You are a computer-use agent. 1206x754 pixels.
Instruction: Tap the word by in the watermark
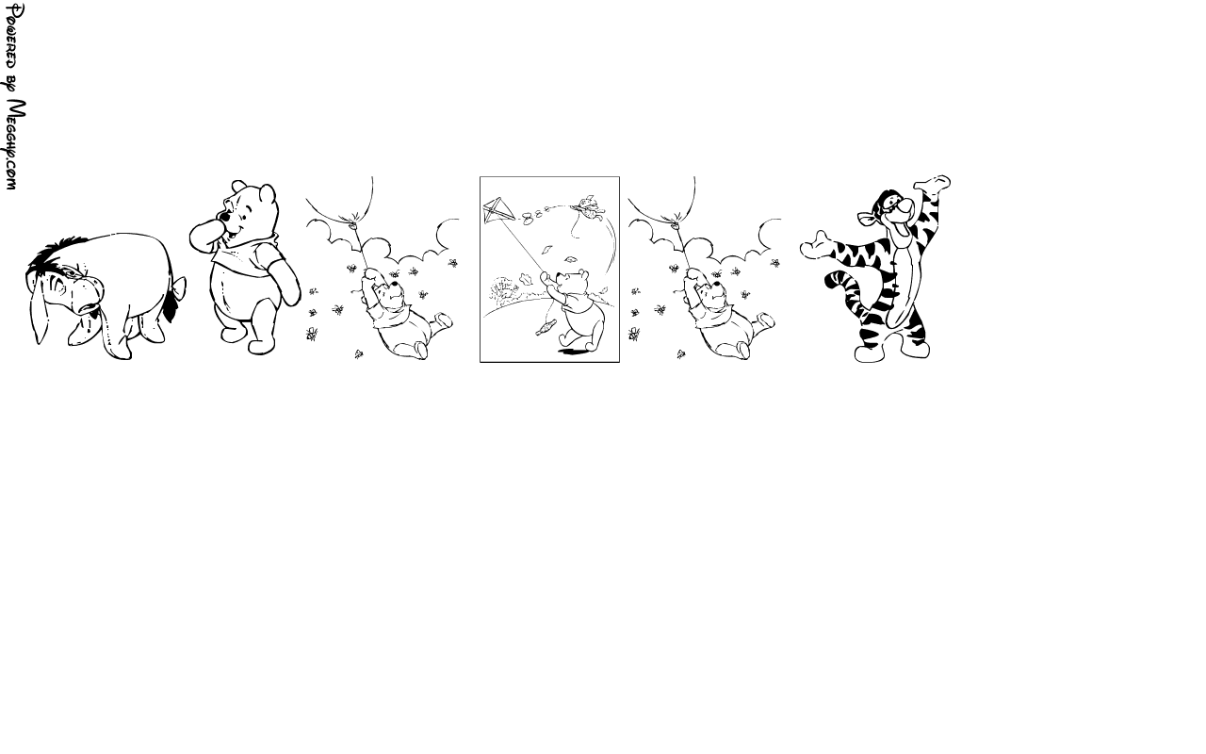[13, 84]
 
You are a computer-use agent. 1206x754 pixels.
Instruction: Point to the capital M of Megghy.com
[17, 114]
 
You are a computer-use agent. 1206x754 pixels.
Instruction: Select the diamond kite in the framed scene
[497, 210]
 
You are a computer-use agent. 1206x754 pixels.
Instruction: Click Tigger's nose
[906, 205]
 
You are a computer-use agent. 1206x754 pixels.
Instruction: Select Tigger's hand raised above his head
[932, 184]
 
